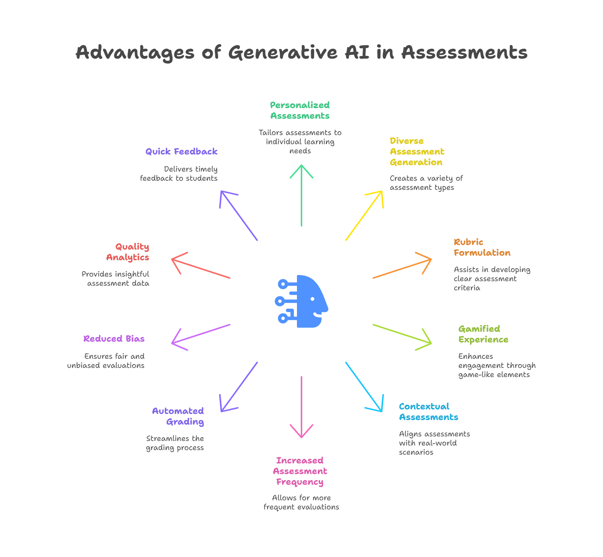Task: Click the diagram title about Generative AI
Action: tap(301, 53)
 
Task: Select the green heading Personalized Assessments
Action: tap(300, 110)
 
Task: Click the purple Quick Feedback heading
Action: tap(182, 151)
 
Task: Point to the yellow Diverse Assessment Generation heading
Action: tap(417, 152)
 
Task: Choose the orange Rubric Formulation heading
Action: tap(482, 248)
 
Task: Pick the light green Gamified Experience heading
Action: tap(483, 334)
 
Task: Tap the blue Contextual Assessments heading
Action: tap(428, 412)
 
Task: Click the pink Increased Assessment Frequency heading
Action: tap(300, 471)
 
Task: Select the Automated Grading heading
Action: tap(178, 416)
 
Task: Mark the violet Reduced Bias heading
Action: tap(114, 339)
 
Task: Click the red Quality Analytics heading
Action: tap(128, 252)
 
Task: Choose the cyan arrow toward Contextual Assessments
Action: tap(364, 387)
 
